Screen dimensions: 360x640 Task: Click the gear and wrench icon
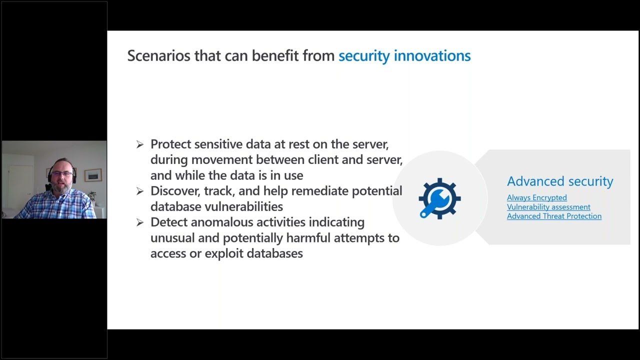coord(439,198)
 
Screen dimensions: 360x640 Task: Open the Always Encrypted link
coord(536,197)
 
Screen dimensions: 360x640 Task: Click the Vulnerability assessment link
coord(548,207)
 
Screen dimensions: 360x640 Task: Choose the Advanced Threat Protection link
coord(554,216)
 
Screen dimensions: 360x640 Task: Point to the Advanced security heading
coord(559,181)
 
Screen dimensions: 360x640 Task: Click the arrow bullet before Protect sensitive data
coord(140,144)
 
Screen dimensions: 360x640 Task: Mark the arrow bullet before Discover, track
coord(140,191)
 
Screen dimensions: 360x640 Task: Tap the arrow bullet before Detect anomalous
coord(140,222)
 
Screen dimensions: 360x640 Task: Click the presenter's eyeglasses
coord(61,173)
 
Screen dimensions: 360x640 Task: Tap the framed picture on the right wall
coord(93,174)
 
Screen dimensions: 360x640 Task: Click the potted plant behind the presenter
coord(91,196)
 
